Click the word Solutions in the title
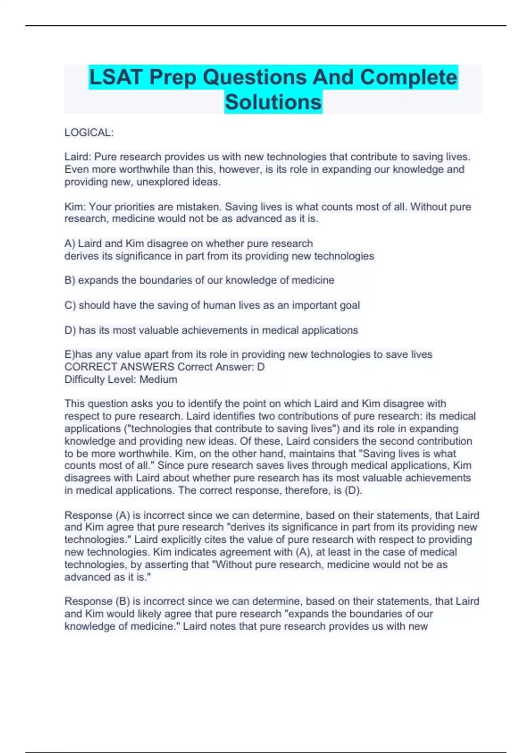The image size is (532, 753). coord(273,102)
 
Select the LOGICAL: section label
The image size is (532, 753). coord(89,132)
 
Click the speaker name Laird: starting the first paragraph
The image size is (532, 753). coord(78,157)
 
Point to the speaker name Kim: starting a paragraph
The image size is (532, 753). coord(75,206)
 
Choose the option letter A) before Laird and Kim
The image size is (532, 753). coord(70,244)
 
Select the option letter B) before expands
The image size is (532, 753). coord(70,280)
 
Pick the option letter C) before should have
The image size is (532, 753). coord(70,305)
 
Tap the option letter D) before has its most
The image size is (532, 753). coord(70,330)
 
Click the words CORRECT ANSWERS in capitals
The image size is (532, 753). coord(119,367)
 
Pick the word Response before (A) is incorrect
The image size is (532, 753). coord(88,515)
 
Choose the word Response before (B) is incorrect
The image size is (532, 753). coord(88,601)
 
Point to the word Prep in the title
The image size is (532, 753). coord(173,78)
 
